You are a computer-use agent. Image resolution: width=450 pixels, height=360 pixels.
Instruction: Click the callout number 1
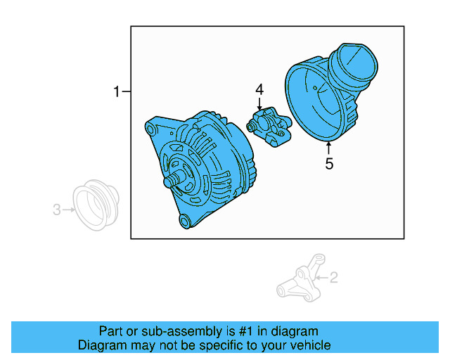pyautogui.click(x=117, y=91)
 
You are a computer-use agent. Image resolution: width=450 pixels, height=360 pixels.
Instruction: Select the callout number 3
pyautogui.click(x=56, y=209)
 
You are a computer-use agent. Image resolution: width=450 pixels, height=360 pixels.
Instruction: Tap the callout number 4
pyautogui.click(x=259, y=90)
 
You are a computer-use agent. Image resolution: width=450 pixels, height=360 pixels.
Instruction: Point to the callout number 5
pyautogui.click(x=328, y=165)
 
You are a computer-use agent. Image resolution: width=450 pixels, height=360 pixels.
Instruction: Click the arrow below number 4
pyautogui.click(x=259, y=105)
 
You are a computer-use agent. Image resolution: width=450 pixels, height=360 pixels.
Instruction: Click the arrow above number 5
pyautogui.click(x=328, y=148)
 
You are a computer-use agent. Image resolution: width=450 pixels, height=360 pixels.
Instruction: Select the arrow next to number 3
pyautogui.click(x=68, y=209)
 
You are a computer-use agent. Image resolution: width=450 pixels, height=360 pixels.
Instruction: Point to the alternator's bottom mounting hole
pyautogui.click(x=186, y=222)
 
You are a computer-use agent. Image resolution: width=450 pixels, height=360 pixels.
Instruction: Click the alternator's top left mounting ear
pyautogui.click(x=153, y=127)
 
